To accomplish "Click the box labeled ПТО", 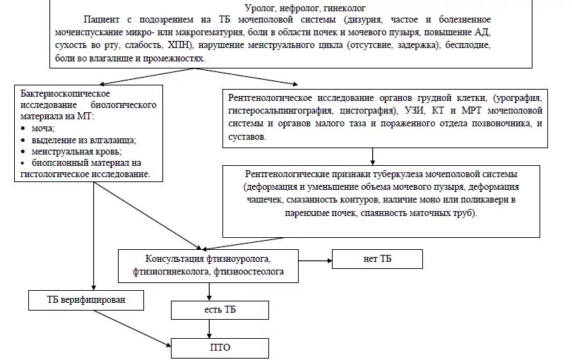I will coord(220,347).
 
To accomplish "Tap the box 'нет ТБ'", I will coord(379,259).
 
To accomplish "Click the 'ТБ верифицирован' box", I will coord(88,300).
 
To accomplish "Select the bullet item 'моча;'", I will coord(43,128).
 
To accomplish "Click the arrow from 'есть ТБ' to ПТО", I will coord(209,329).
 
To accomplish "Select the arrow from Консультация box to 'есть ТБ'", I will coord(209,289).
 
